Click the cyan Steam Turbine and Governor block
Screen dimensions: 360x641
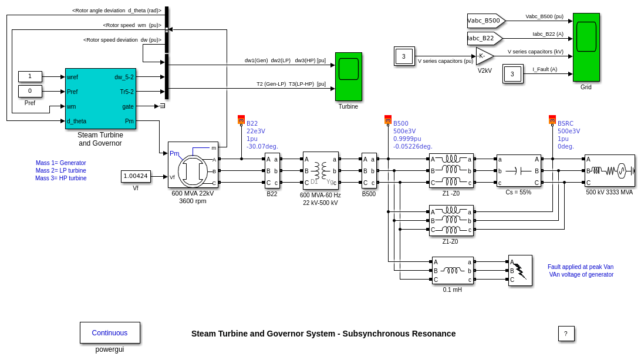(x=100, y=98)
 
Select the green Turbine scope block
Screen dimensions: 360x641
(x=348, y=76)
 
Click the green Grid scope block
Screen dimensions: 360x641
(x=586, y=47)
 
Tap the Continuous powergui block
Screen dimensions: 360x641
(x=110, y=332)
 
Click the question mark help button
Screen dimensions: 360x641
(x=566, y=334)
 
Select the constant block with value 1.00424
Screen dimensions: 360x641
(x=136, y=176)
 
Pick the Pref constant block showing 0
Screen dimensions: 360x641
(x=30, y=91)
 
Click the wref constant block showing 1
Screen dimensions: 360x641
(x=30, y=76)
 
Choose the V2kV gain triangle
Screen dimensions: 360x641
(x=484, y=56)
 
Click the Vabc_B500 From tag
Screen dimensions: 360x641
(x=485, y=21)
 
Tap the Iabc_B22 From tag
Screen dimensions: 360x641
(x=484, y=38)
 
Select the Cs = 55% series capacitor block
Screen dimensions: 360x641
(x=518, y=171)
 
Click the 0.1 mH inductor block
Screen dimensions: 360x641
(x=452, y=271)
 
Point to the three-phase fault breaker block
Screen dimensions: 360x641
(x=520, y=270)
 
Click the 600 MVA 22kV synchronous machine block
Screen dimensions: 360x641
(x=193, y=164)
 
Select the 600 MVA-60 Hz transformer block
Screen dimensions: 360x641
(x=320, y=170)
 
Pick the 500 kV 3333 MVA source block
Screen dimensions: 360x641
(x=609, y=171)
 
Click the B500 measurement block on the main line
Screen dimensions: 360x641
(x=369, y=171)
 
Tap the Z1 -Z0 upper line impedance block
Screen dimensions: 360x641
(x=451, y=171)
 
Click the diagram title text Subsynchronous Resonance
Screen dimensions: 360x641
(x=323, y=334)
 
